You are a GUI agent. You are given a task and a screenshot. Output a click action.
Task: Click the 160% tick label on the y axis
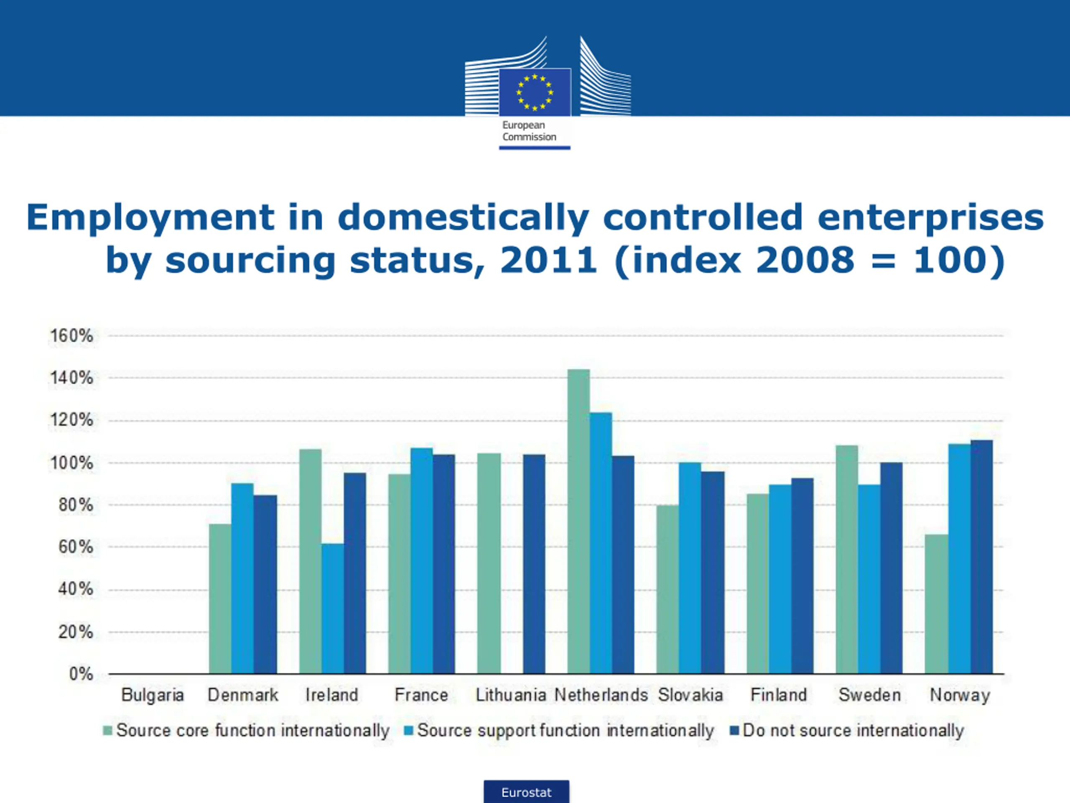(x=71, y=335)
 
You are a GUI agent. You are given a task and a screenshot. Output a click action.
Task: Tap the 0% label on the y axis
(x=81, y=674)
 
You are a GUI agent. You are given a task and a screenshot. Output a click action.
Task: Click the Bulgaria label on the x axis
(x=153, y=695)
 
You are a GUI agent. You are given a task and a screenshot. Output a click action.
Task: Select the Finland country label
(x=778, y=695)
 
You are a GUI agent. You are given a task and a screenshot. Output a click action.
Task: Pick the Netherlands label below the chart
(x=601, y=695)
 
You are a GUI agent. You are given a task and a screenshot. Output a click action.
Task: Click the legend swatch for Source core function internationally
(x=108, y=730)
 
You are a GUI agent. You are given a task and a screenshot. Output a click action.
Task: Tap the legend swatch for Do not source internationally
(x=734, y=730)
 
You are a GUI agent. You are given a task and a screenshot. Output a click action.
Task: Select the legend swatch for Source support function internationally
(x=409, y=730)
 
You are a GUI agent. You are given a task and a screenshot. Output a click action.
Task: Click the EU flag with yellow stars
(x=535, y=92)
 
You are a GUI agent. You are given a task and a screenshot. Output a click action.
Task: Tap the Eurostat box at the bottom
(x=526, y=792)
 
